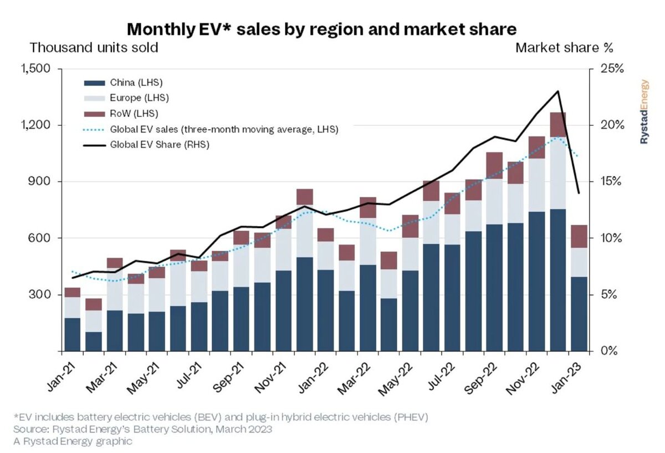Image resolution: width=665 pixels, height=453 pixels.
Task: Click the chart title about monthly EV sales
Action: pyautogui.click(x=322, y=29)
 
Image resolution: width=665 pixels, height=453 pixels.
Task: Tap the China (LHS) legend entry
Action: pyautogui.click(x=124, y=83)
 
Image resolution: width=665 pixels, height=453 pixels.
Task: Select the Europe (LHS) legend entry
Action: pyautogui.click(x=126, y=98)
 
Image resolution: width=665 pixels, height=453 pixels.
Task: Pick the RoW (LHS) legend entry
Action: pyautogui.click(x=121, y=114)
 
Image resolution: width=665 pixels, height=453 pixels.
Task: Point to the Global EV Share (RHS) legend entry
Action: pyautogui.click(x=147, y=145)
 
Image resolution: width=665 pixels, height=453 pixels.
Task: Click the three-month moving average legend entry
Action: pyautogui.click(x=211, y=130)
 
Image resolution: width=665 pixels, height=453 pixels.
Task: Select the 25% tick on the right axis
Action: pyautogui.click(x=612, y=69)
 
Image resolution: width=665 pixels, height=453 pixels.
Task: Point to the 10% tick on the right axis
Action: pyautogui.click(x=612, y=238)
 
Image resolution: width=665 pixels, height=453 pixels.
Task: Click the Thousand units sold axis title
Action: pyautogui.click(x=94, y=48)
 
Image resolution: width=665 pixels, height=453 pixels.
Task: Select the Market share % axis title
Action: pyautogui.click(x=564, y=48)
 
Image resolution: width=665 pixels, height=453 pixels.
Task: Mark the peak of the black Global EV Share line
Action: pyautogui.click(x=558, y=91)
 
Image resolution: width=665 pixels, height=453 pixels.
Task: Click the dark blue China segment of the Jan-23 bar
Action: pyautogui.click(x=579, y=314)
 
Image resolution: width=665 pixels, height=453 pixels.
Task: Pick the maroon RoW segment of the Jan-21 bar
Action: pyautogui.click(x=73, y=292)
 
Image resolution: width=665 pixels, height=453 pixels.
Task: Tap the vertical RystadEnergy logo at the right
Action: pyautogui.click(x=644, y=112)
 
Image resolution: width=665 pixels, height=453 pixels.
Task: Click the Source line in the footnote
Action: pyautogui.click(x=142, y=429)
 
